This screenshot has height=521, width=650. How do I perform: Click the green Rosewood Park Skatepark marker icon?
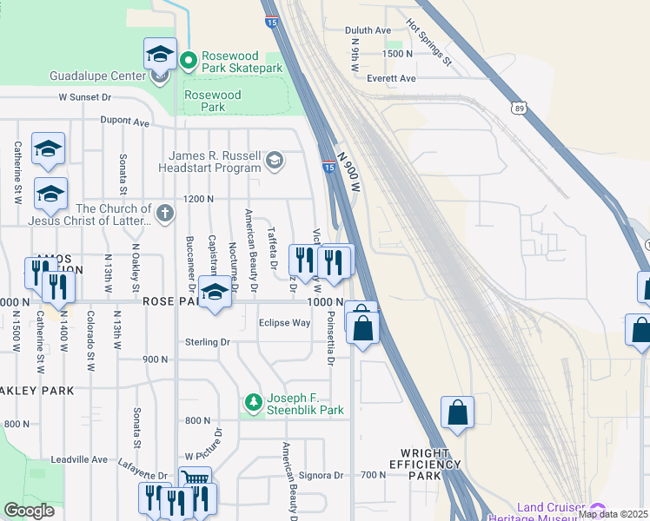click(190, 61)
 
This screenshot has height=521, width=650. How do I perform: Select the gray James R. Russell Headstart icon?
click(275, 161)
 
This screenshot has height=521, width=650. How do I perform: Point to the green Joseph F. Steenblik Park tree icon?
click(253, 402)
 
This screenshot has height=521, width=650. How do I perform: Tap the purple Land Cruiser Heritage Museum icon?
click(597, 510)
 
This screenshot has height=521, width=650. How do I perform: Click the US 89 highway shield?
click(519, 107)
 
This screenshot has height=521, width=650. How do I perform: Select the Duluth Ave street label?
click(368, 30)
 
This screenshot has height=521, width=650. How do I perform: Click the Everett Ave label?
click(391, 78)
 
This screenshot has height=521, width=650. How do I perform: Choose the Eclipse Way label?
click(284, 323)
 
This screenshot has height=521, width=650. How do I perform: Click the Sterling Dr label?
click(207, 342)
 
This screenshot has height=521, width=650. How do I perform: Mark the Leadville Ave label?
click(78, 458)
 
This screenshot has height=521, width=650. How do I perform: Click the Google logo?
click(30, 510)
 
